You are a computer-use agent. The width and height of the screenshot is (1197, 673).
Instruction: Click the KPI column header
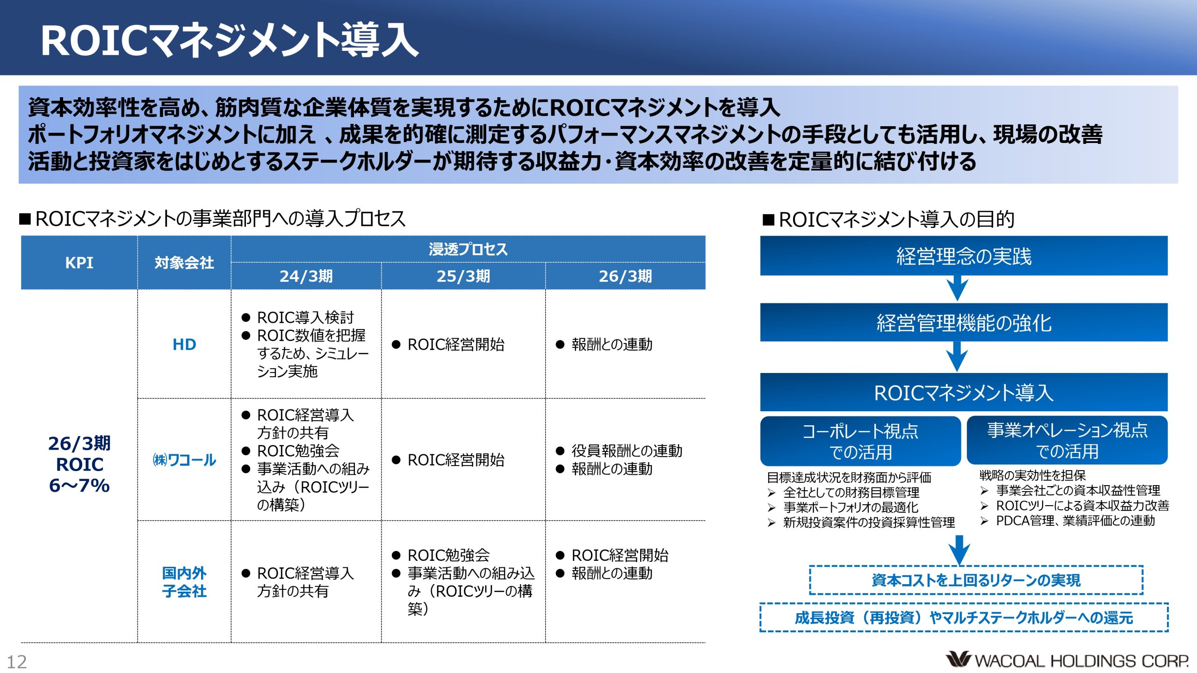79,263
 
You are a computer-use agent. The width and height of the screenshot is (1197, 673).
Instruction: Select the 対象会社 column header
184,263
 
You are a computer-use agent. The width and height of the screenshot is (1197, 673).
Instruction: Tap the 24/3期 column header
306,276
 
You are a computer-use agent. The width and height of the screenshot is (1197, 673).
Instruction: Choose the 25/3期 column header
463,276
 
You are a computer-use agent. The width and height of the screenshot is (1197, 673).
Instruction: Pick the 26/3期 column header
625,276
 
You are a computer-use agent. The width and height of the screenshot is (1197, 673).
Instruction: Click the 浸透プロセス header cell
468,249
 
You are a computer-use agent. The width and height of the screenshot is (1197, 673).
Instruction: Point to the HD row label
184,344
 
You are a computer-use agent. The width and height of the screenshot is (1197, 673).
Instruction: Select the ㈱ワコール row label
184,460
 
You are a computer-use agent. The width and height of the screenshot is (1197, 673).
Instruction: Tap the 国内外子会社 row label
184,582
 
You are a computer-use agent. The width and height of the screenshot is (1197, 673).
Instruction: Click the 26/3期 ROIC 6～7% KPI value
79,464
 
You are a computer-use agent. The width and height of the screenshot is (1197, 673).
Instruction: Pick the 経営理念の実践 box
964,256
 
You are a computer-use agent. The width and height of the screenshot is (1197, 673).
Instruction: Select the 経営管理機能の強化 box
964,322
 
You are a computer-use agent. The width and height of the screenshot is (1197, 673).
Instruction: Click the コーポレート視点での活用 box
860,441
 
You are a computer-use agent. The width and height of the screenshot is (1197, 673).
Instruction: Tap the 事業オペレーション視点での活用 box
1067,440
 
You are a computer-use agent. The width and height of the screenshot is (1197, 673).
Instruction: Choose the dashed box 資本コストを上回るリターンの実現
976,580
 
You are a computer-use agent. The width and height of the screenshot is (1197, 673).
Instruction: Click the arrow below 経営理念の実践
957,288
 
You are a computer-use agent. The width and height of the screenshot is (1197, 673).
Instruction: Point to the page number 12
17,662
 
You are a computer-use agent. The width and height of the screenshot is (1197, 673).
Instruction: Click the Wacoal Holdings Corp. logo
1067,660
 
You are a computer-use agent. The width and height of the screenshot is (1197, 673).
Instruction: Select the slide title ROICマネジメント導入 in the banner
230,41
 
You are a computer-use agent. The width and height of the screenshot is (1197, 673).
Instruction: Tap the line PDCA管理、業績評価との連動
1075,521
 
